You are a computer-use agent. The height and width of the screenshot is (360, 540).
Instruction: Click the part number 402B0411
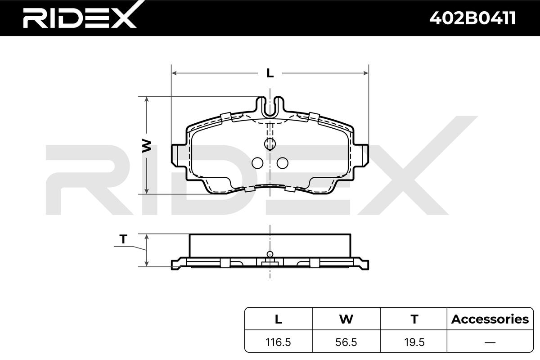click(x=472, y=18)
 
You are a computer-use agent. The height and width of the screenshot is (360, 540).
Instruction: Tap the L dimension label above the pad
click(x=270, y=73)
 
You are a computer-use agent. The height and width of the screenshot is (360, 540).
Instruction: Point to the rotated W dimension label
click(x=147, y=146)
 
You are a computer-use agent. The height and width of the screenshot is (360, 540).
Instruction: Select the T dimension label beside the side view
click(x=123, y=239)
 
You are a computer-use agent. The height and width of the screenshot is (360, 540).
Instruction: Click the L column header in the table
click(x=279, y=319)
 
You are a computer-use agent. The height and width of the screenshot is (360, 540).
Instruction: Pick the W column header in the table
click(x=346, y=319)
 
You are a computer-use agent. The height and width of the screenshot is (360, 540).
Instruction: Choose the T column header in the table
click(x=414, y=319)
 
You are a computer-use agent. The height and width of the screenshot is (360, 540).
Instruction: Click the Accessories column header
click(x=490, y=319)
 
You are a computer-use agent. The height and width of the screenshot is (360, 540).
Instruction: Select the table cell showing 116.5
click(x=278, y=342)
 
